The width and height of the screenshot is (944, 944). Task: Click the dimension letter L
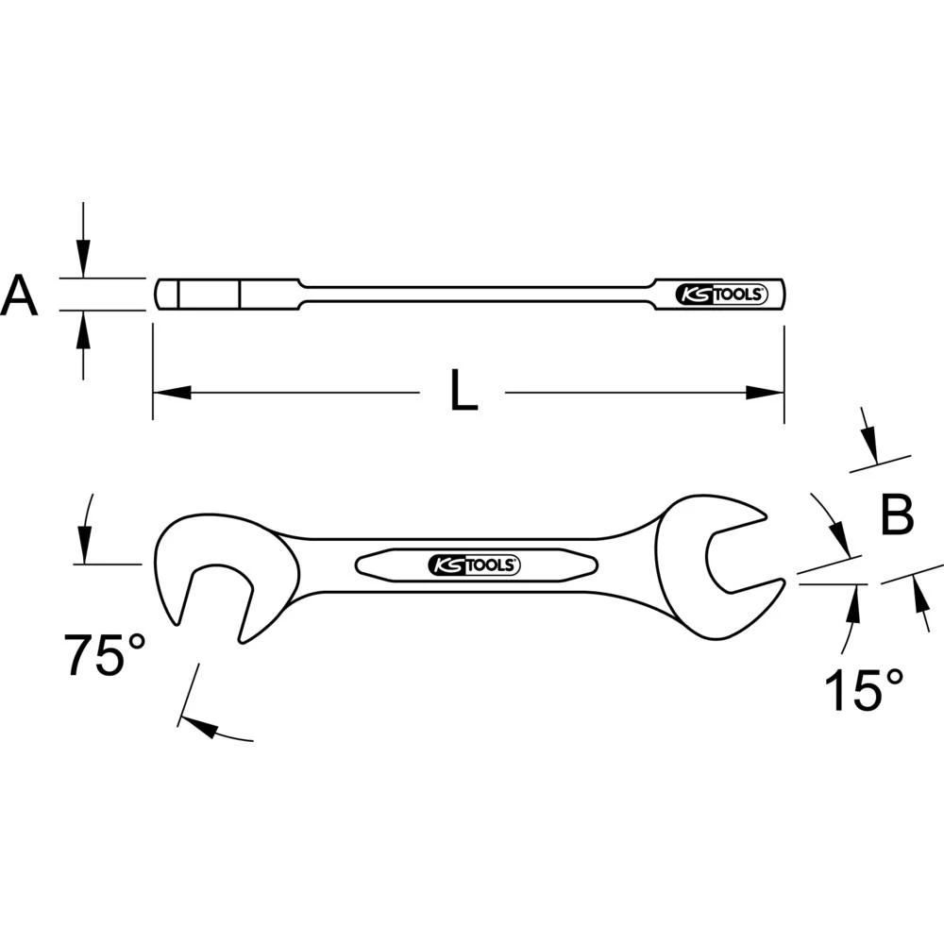tap(464, 391)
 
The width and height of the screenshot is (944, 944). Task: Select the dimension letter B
tap(896, 515)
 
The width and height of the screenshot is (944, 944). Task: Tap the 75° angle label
tap(105, 654)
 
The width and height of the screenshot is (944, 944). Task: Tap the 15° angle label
tap(863, 689)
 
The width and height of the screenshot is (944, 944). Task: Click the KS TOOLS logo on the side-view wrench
tap(724, 295)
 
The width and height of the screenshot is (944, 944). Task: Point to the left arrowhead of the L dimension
tap(170, 392)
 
